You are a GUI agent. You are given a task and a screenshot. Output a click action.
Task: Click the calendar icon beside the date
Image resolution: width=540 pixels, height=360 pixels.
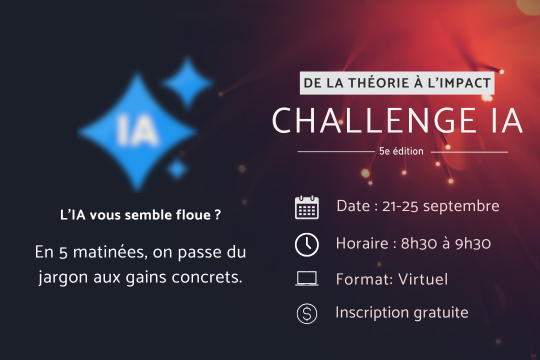click(x=307, y=207)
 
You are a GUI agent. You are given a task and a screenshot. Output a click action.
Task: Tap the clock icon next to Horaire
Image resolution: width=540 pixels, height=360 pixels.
click(x=307, y=244)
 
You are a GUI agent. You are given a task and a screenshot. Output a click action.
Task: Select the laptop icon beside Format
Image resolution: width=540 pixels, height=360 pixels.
click(x=307, y=278)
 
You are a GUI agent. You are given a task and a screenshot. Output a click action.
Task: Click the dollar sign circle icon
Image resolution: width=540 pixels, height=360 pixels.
click(x=307, y=313)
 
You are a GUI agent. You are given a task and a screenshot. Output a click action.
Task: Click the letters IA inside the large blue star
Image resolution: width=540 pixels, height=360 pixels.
click(x=137, y=130)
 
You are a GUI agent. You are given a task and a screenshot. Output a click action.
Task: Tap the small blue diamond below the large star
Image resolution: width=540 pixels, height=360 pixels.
click(x=177, y=169)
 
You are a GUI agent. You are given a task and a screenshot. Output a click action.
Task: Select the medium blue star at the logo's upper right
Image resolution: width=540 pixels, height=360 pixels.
click(x=187, y=83)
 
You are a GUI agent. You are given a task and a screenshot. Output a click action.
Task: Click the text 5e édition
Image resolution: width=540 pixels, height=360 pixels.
click(x=401, y=151)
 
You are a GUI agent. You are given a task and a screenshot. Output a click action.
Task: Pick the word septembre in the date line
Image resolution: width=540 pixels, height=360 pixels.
click(x=461, y=206)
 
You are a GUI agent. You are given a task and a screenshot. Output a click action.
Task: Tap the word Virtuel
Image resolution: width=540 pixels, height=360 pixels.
click(x=423, y=279)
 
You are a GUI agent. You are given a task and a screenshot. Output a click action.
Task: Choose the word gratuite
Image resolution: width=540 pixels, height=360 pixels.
click(x=441, y=313)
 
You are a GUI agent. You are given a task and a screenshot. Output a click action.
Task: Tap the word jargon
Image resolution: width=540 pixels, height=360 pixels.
click(x=63, y=277)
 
